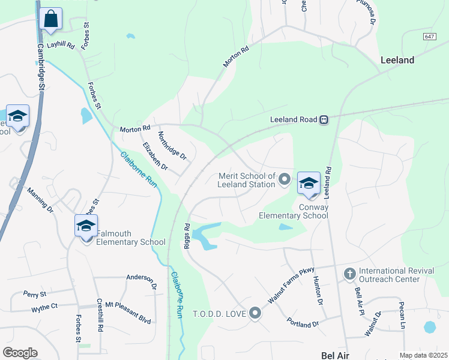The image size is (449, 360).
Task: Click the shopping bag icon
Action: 51,19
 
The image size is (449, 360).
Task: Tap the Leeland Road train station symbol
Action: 324,119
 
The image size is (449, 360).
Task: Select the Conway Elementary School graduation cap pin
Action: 309,184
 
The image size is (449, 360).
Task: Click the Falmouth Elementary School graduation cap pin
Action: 86,226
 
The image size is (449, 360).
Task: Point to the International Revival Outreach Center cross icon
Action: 349,274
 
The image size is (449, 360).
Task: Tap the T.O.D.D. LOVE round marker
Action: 255,313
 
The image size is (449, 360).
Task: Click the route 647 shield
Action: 429,37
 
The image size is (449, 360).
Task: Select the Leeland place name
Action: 397,60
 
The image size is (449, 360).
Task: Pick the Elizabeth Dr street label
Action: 155,156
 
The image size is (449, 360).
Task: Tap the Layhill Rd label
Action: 60,45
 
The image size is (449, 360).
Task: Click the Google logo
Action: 20,353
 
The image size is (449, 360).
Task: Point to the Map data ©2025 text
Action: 423,355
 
